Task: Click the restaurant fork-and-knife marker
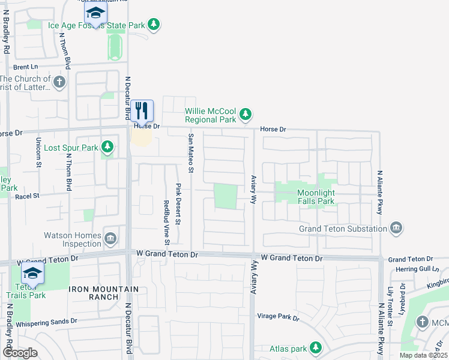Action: tap(142, 110)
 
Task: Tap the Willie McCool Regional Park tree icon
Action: tap(245, 113)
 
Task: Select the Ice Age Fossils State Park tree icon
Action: tap(155, 24)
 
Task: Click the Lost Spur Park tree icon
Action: tap(107, 146)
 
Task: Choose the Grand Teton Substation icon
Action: tap(396, 228)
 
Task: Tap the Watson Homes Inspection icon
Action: tap(110, 239)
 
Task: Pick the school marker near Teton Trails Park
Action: tap(32, 274)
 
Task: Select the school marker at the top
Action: tap(95, 13)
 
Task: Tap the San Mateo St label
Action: tap(191, 154)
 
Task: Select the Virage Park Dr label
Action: tap(278, 317)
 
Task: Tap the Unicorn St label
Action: tap(38, 153)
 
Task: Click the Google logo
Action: tap(19, 353)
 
